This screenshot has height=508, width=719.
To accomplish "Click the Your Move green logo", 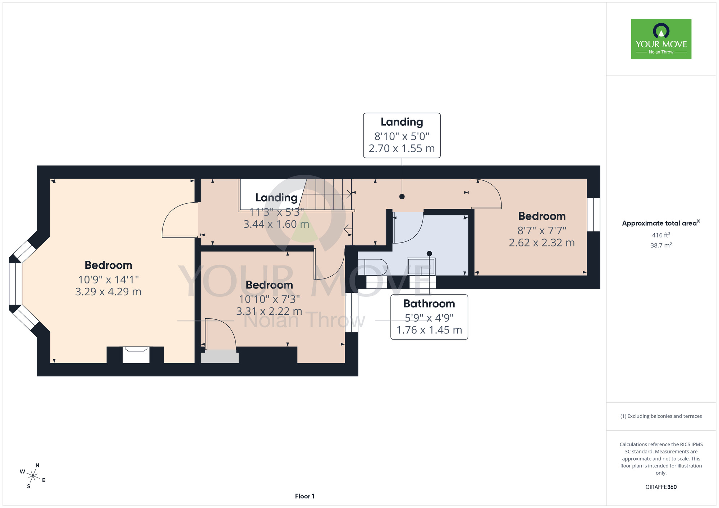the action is pyautogui.click(x=661, y=39).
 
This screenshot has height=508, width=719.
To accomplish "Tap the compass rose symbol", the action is pyautogui.click(x=33, y=476).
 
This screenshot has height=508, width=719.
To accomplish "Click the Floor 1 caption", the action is pyautogui.click(x=304, y=496).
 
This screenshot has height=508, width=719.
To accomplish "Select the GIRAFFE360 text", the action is pyautogui.click(x=661, y=487).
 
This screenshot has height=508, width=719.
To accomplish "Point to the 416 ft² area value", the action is pyautogui.click(x=661, y=235).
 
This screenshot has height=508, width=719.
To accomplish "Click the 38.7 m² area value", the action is pyautogui.click(x=661, y=245).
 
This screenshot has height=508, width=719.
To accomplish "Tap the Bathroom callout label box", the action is pyautogui.click(x=429, y=317).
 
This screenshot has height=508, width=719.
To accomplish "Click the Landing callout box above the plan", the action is pyautogui.click(x=402, y=135).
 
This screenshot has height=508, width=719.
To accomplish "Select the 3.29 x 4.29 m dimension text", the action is pyautogui.click(x=108, y=291).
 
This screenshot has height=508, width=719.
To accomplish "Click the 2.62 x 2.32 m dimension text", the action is pyautogui.click(x=542, y=243).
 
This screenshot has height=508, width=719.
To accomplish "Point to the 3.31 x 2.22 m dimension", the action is pyautogui.click(x=269, y=311).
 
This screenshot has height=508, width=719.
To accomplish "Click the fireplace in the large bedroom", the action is pyautogui.click(x=136, y=355).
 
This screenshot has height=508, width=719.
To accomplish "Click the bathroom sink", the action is pyautogui.click(x=421, y=266).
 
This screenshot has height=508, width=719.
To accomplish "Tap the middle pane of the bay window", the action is pyautogui.click(x=15, y=284).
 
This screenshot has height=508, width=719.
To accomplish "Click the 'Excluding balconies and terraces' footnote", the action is pyautogui.click(x=661, y=416).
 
